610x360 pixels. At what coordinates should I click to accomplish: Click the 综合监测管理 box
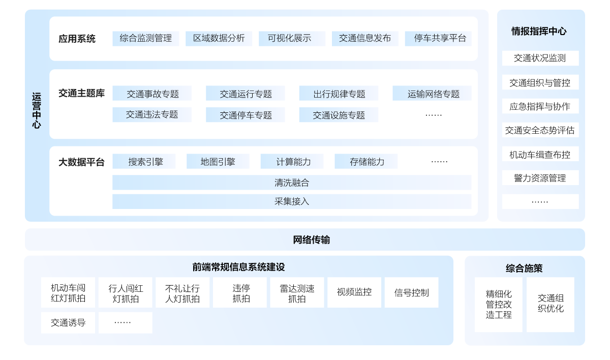coord(145,39)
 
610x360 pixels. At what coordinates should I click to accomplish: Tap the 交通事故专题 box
coord(152,94)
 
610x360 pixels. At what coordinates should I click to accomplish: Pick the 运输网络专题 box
coord(432,94)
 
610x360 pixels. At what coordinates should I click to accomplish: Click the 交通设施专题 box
coord(339,115)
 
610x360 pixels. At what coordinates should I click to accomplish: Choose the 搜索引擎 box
coord(144,162)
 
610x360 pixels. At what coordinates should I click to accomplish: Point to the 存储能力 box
coord(366,162)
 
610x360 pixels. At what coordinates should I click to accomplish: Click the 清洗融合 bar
coord(292,183)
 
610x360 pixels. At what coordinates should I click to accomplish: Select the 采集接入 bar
coord(292,201)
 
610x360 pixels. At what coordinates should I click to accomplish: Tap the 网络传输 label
coord(311,239)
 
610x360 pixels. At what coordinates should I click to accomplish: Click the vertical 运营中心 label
coord(37,110)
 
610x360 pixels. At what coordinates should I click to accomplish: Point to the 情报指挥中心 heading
coord(539,32)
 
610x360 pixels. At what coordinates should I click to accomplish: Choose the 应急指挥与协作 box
coord(540,106)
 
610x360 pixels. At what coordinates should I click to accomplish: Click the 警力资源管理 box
coord(540,178)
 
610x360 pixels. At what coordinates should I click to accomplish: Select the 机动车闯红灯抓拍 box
coord(68,293)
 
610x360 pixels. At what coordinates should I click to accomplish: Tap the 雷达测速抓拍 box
coord(297,293)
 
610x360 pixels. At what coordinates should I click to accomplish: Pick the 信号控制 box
coord(411,293)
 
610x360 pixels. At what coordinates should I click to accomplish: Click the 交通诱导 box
coord(68,323)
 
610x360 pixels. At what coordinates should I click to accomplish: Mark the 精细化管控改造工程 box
coord(499,304)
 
